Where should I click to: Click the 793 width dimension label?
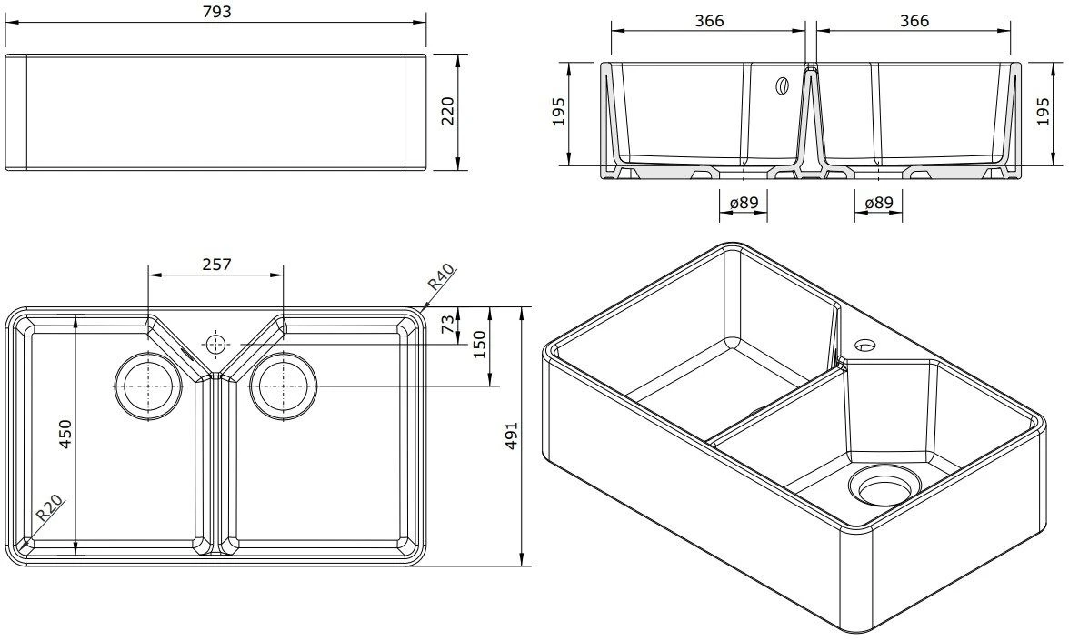[216, 12]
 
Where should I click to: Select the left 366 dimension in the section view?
[708, 20]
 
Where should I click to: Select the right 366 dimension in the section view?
[914, 20]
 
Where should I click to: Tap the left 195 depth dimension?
[559, 113]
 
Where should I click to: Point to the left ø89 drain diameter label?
[744, 204]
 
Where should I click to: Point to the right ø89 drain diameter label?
[878, 204]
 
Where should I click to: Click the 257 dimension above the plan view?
[215, 265]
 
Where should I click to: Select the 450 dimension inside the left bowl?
[65, 436]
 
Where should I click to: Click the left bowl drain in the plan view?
[145, 386]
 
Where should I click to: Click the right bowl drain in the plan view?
[284, 386]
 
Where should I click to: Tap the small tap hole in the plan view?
[215, 344]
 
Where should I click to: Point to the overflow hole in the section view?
[781, 86]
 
